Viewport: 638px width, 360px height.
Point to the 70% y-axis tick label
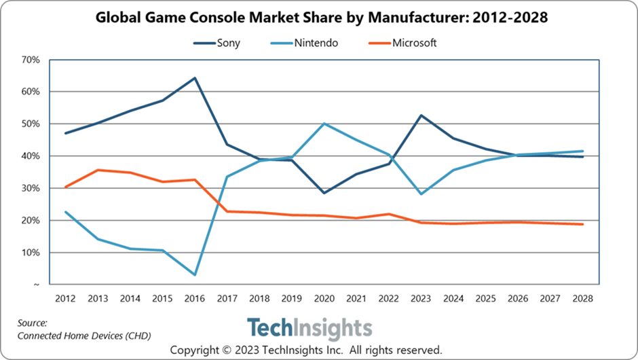click(31, 60)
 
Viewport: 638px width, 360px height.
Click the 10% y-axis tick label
click(31, 253)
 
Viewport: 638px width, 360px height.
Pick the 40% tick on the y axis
click(31, 156)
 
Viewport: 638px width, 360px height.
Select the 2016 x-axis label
click(195, 299)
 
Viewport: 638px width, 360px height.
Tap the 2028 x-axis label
click(582, 299)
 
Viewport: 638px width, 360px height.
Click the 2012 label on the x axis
click(65, 299)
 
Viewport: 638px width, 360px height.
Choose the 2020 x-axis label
click(324, 299)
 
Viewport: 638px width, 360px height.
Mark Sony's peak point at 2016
click(195, 78)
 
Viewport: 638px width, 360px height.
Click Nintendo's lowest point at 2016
click(195, 275)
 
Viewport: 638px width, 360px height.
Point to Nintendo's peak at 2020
click(324, 124)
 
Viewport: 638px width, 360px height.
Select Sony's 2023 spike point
click(421, 115)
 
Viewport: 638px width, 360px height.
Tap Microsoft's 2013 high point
click(98, 170)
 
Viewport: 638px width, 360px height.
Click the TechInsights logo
click(309, 329)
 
